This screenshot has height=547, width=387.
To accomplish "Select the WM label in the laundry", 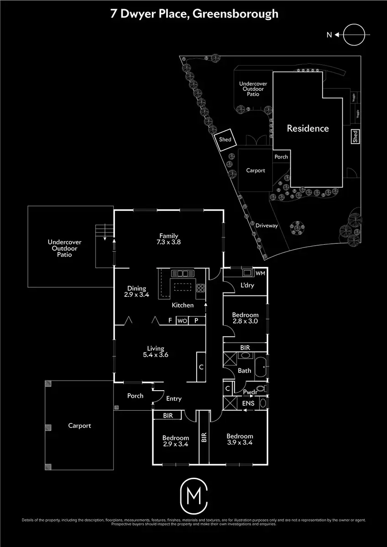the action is (x=261, y=273).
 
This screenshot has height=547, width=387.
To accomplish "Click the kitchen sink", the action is (x=182, y=273).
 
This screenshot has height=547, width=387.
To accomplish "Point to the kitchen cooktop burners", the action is (x=200, y=288).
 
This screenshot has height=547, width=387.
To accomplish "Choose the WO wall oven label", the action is (x=182, y=320).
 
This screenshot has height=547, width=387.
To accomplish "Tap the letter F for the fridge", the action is (x=170, y=320).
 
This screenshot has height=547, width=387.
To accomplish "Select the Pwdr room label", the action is (x=250, y=392).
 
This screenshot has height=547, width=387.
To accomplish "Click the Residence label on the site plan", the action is (x=308, y=129).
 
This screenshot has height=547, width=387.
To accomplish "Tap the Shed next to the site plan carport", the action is (x=225, y=140).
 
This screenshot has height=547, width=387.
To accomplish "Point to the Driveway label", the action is (x=267, y=226).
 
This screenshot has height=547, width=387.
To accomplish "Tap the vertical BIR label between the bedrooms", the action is (x=204, y=438).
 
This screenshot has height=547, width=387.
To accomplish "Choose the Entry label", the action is (x=173, y=399).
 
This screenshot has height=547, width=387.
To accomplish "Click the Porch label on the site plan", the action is (x=281, y=157).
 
